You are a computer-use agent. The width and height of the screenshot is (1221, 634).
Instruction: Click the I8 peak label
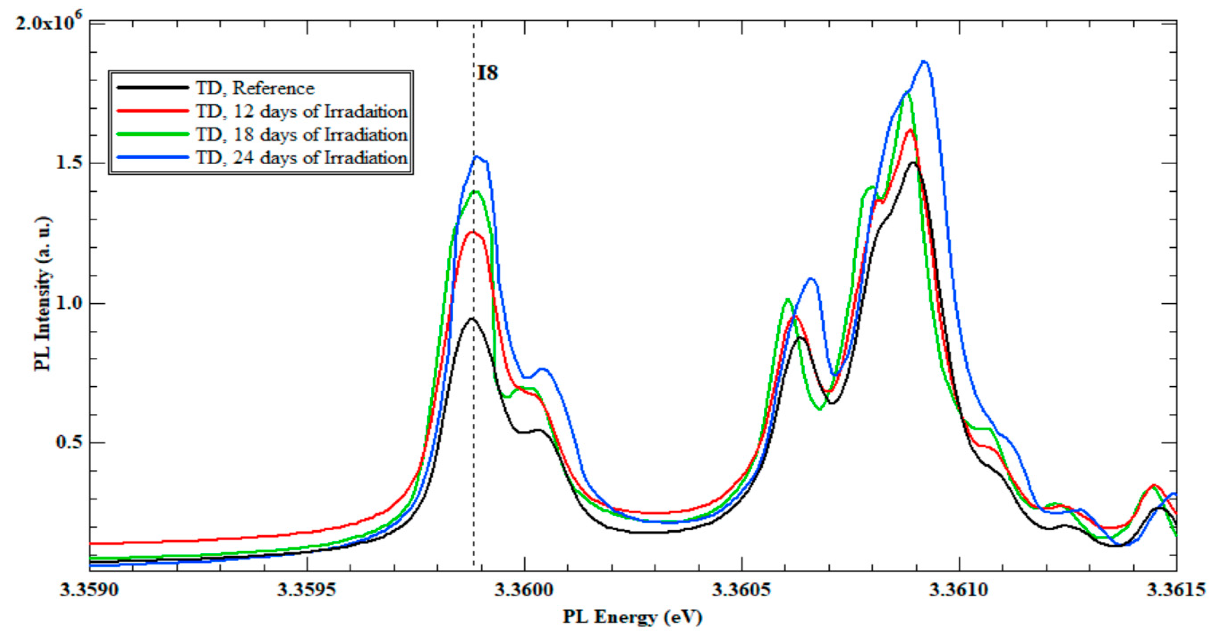(487, 73)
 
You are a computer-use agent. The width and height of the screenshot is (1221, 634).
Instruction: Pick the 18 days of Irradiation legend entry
(302, 135)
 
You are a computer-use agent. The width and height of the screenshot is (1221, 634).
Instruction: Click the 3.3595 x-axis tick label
(307, 590)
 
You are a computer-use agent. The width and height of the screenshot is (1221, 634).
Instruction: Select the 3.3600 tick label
(524, 590)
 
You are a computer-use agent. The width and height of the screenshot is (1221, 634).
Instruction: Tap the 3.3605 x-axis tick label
(742, 590)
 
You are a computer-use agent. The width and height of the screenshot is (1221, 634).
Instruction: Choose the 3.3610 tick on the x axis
(959, 590)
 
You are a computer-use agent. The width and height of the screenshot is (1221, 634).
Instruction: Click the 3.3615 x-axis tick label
(1175, 590)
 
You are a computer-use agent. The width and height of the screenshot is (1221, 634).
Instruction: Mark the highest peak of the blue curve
(924, 62)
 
